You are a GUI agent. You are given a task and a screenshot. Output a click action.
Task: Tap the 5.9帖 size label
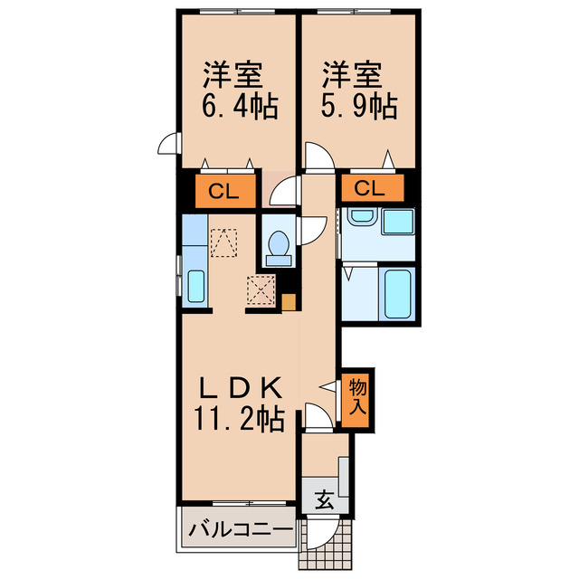(359, 106)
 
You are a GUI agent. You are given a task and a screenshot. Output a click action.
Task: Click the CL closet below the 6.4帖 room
(219, 190)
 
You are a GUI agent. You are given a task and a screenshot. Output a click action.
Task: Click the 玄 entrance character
(323, 498)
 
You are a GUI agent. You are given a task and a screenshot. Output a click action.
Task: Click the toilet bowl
(279, 246)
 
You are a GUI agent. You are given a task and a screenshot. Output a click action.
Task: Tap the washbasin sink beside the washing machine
(361, 218)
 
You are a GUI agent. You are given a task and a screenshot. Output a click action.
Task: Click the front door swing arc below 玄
(326, 531)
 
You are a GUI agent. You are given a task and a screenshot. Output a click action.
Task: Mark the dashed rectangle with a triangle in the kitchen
(222, 242)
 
